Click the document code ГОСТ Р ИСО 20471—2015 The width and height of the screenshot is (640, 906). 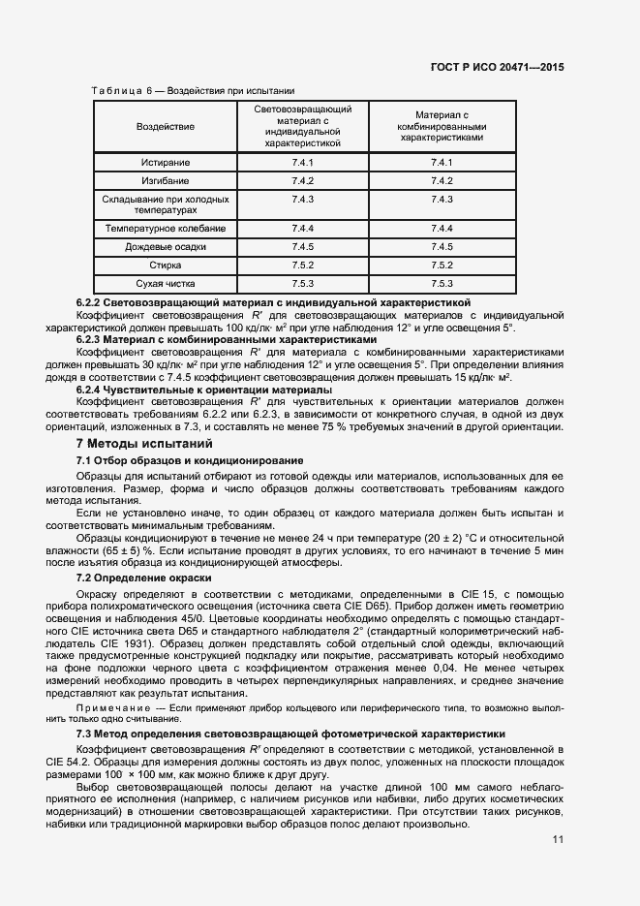point(497,68)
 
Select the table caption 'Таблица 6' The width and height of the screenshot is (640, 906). point(118,90)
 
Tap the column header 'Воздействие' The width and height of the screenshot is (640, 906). point(165,126)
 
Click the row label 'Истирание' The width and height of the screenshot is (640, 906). point(165,162)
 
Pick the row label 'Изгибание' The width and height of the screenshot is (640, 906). point(165,181)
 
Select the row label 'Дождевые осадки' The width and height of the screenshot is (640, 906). point(165,246)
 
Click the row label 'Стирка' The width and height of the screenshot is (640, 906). point(165,265)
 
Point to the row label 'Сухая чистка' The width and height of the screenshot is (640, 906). point(165,284)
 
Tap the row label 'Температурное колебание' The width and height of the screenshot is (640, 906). point(165,228)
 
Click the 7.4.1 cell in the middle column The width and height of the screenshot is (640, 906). point(303,162)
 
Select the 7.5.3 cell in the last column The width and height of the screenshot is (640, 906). point(442,284)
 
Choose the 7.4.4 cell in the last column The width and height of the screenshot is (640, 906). point(442,228)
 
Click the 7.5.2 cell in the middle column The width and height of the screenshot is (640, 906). point(303,265)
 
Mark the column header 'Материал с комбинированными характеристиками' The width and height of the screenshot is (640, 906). point(442,126)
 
